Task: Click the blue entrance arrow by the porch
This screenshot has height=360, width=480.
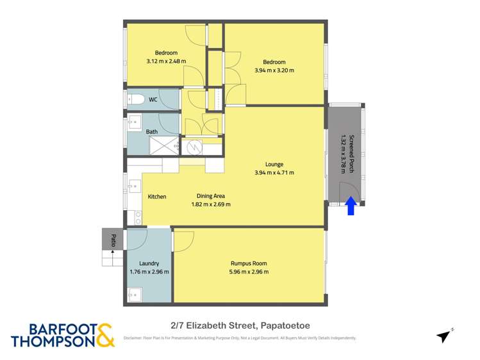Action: pyautogui.click(x=351, y=206)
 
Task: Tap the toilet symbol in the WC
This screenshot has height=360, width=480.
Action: pyautogui.click(x=135, y=99)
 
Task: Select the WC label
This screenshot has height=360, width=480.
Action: pyautogui.click(x=153, y=100)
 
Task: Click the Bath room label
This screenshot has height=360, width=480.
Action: pyautogui.click(x=152, y=132)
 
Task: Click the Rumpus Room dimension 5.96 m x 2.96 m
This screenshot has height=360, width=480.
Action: pyautogui.click(x=249, y=272)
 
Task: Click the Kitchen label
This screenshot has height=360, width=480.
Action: pyautogui.click(x=157, y=197)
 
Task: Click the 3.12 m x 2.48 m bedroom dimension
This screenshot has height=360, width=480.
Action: pyautogui.click(x=166, y=61)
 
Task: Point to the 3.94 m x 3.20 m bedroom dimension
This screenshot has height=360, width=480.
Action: pyautogui.click(x=274, y=70)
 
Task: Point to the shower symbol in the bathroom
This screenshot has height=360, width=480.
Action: pyautogui.click(x=165, y=146)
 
